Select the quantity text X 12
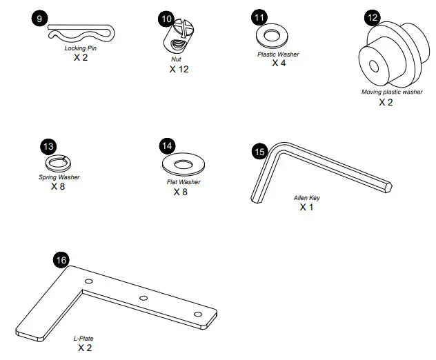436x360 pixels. point(179,69)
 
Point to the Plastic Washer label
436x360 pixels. point(278,54)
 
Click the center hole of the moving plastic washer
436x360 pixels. point(373,67)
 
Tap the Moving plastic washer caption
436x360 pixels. point(392,92)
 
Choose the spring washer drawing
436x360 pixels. point(58,163)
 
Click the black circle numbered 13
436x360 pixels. point(48,146)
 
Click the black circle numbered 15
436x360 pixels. point(259,150)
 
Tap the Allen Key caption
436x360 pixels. point(307,198)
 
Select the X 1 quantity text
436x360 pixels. point(307,207)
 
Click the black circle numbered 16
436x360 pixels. point(61,260)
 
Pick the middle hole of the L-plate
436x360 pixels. point(143,299)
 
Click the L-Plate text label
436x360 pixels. point(83,339)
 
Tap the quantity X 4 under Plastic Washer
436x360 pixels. point(279,63)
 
